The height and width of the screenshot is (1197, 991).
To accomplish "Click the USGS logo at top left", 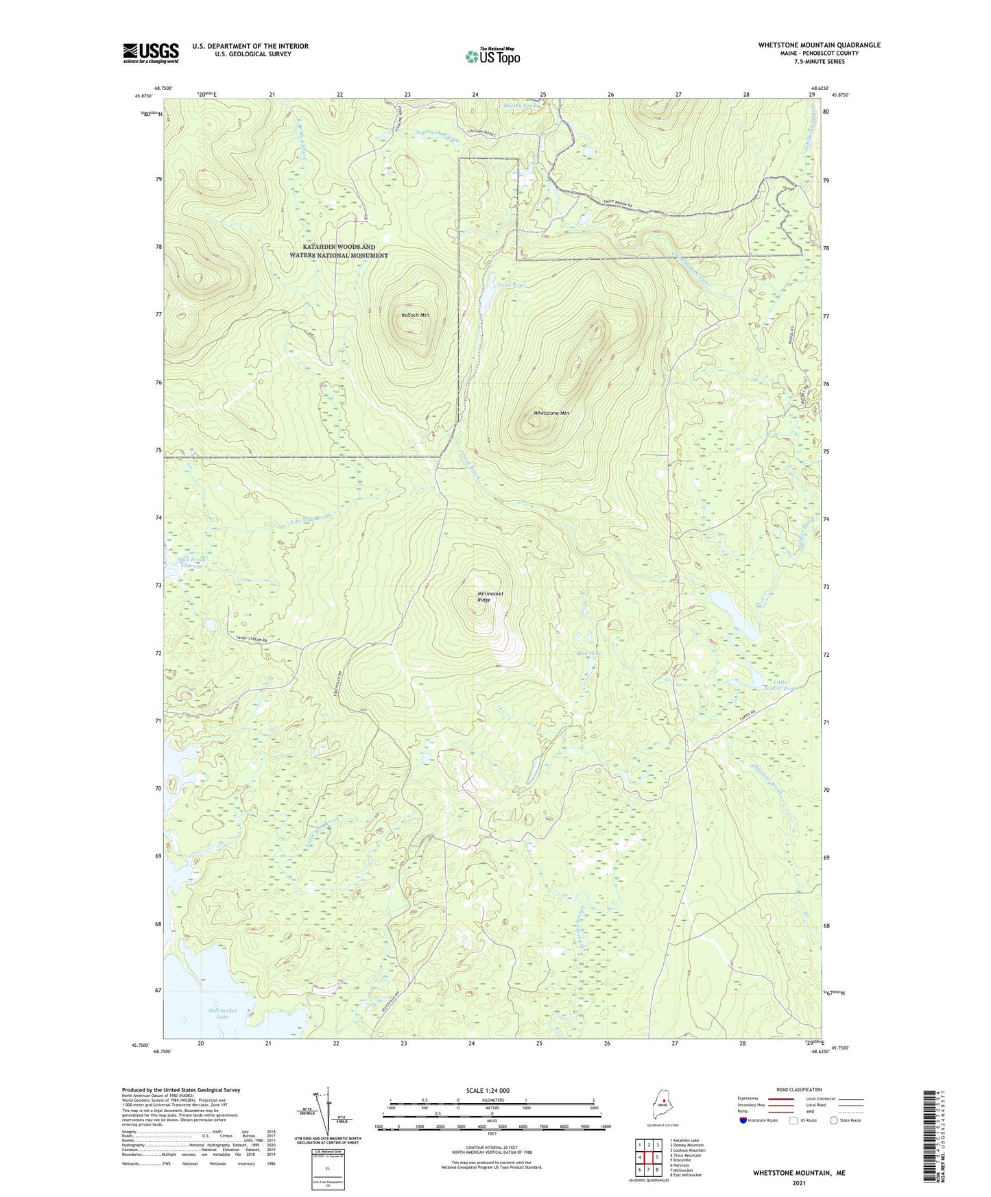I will point(150,53).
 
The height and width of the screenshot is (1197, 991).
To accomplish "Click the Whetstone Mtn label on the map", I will point(551,413).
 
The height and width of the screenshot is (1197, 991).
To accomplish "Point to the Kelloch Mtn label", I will point(414,315).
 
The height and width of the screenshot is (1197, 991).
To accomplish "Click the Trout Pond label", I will point(511,285).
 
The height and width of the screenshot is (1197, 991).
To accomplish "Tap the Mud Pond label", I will point(588,653).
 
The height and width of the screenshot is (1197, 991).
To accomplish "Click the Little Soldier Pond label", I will point(784,685).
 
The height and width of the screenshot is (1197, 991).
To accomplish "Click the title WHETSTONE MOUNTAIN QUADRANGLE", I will point(819,45).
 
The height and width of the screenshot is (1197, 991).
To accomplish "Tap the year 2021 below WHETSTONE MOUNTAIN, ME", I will point(798,1183).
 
